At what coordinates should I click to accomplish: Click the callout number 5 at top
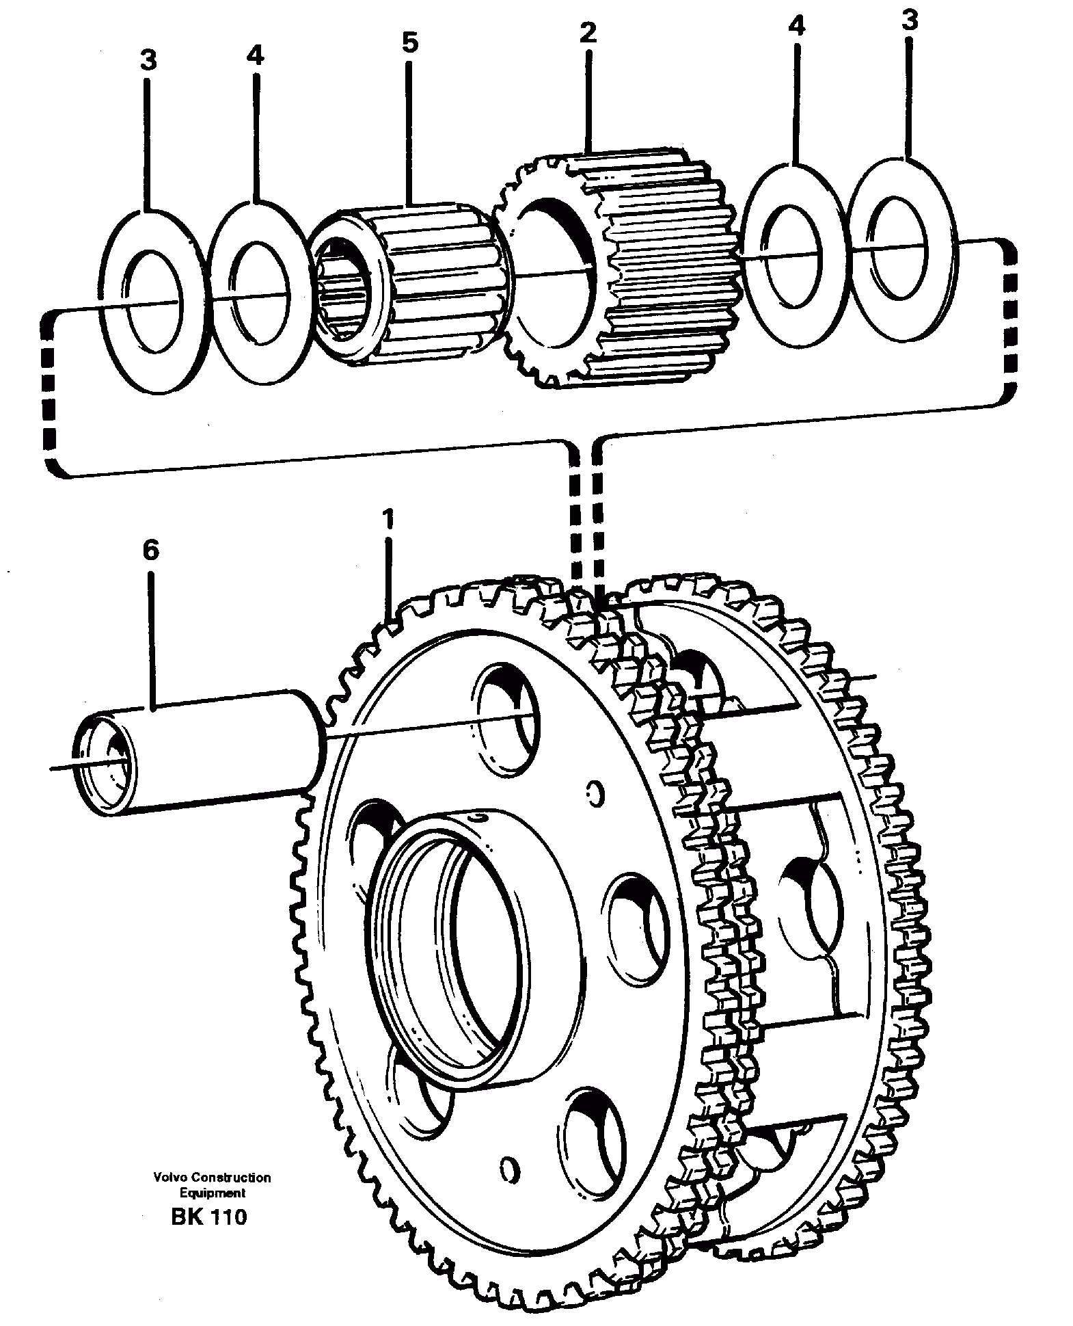point(408,42)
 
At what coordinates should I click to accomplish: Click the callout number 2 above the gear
point(587,32)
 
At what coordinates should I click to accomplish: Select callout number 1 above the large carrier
point(388,520)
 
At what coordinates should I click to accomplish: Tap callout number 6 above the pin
point(150,550)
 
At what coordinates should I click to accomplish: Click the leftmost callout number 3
point(148,60)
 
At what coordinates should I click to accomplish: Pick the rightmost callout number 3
point(909,21)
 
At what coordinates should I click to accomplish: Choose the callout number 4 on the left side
point(254,55)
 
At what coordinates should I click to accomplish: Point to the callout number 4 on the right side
point(796,26)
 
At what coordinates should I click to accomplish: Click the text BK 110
point(209,1217)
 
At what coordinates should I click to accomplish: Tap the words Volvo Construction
point(212,1178)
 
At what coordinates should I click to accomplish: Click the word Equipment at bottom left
point(212,1193)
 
